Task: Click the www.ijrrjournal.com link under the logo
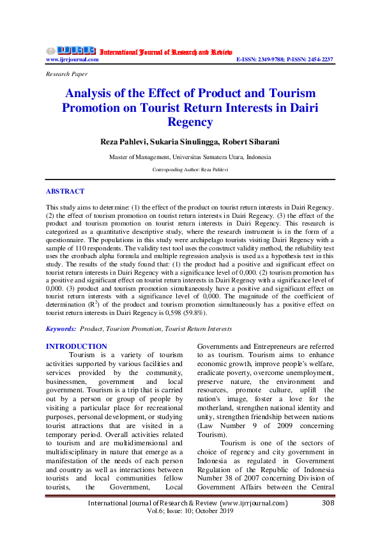72,59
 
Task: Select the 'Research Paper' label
66,74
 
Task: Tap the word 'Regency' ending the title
190,121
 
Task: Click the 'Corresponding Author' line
190,170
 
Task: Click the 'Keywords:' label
61,328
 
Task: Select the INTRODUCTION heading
77,346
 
